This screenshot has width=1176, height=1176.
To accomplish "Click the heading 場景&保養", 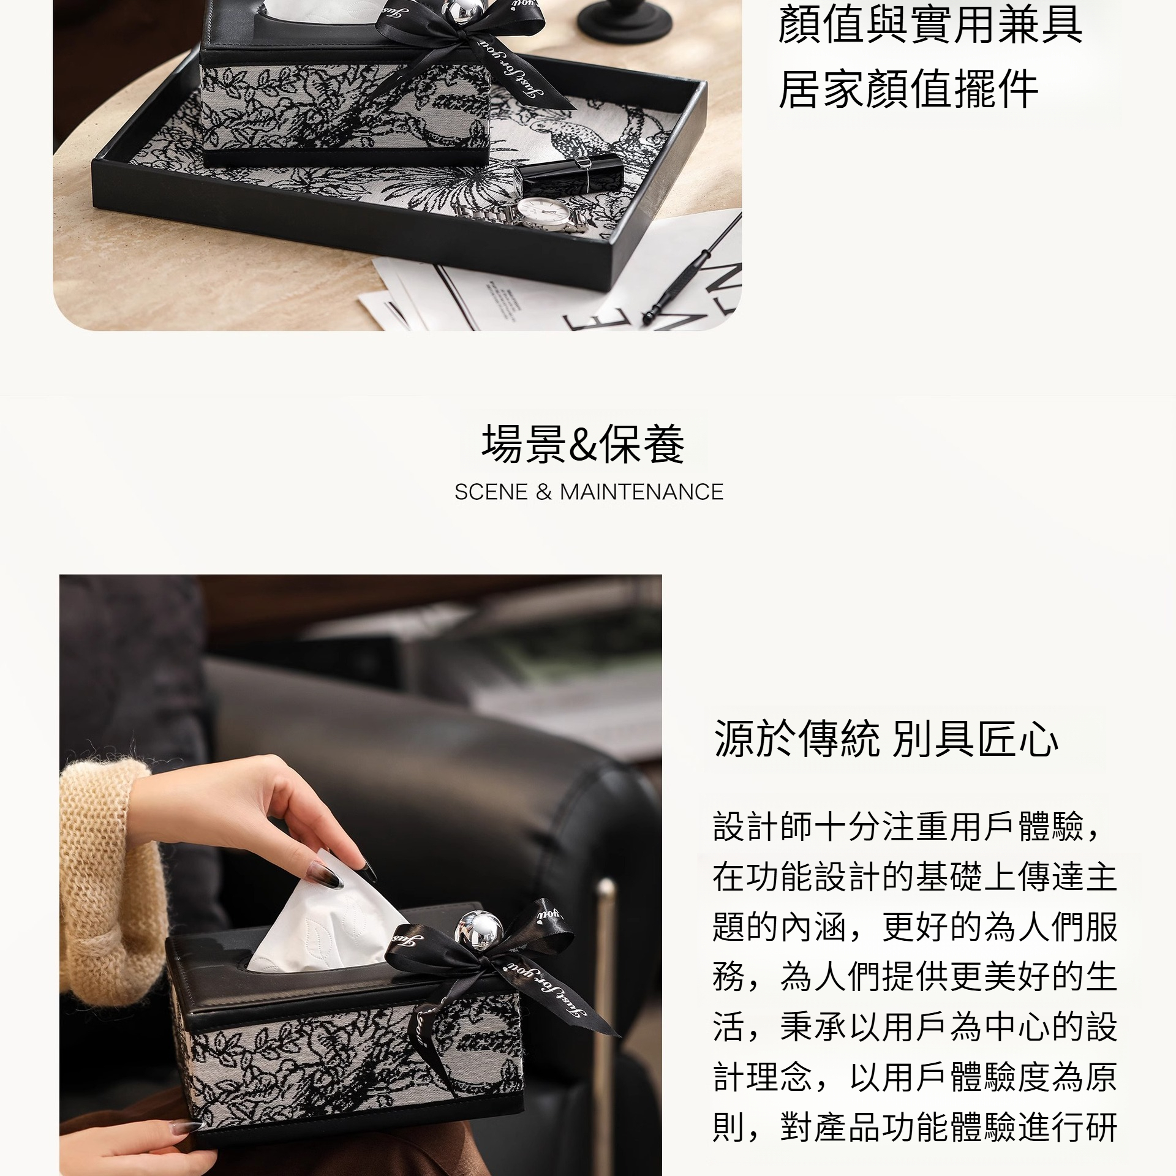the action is [583, 444].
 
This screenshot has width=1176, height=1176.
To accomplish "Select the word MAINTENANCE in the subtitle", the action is [641, 492].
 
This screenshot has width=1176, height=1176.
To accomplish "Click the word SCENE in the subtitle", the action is [491, 492].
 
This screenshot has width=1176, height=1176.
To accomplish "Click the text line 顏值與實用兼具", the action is [930, 25].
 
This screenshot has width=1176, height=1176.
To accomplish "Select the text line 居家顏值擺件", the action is [908, 89].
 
